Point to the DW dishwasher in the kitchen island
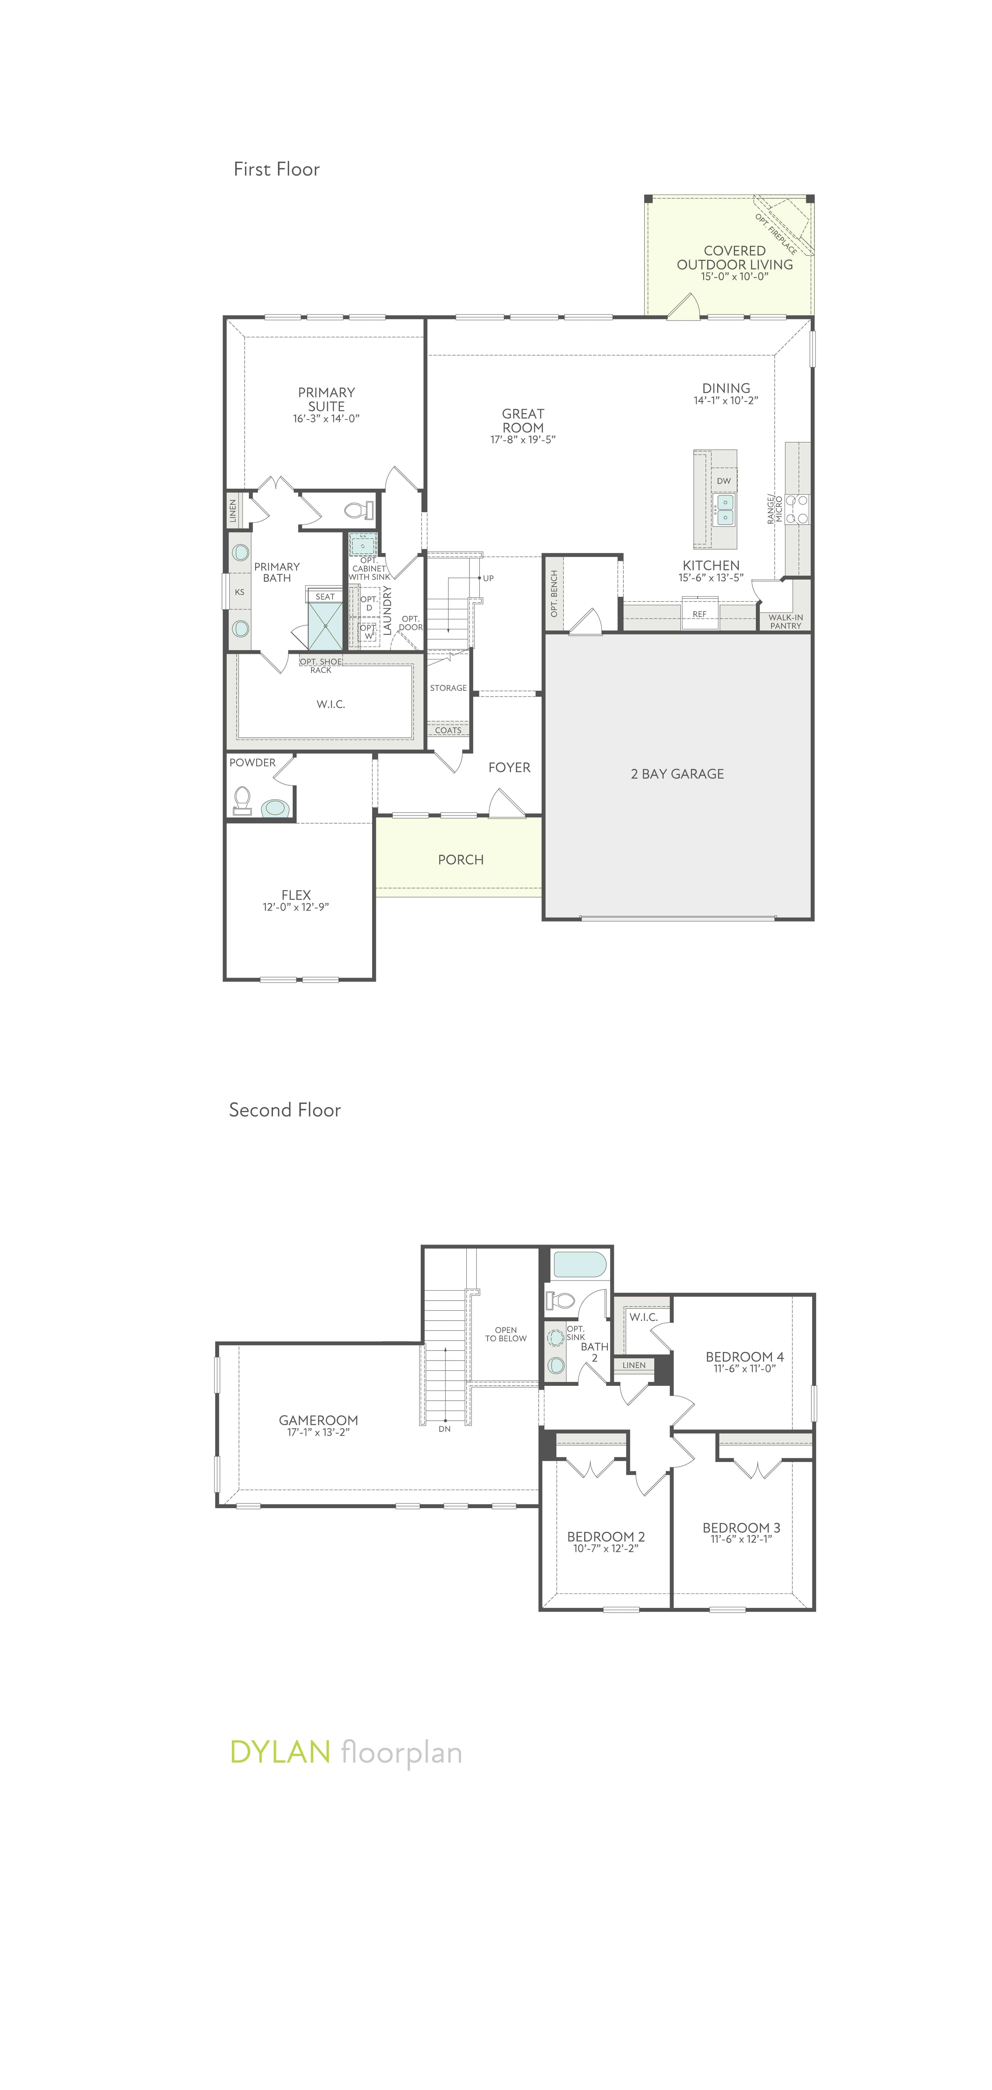coord(723,480)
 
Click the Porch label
coord(460,859)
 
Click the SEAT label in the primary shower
coord(325,596)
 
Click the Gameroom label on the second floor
coord(318,1420)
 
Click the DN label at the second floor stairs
coord(444,1429)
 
